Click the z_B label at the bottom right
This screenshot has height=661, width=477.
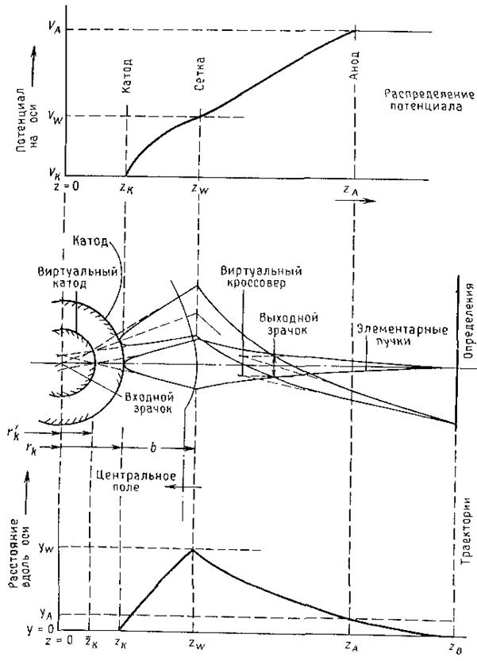pyautogui.click(x=454, y=648)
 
